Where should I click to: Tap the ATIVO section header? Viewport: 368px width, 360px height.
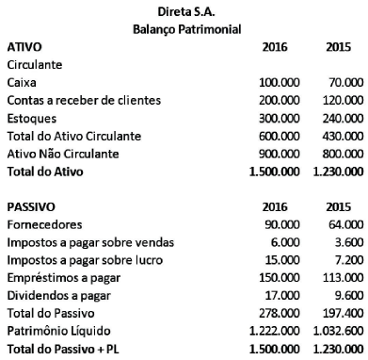tap(24, 45)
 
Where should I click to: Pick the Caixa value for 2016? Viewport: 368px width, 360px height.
tap(279, 83)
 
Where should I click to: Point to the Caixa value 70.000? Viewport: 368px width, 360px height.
tap(341, 83)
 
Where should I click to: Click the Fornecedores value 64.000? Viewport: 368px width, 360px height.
tap(341, 224)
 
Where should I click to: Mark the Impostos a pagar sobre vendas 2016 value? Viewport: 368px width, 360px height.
tap(285, 242)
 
